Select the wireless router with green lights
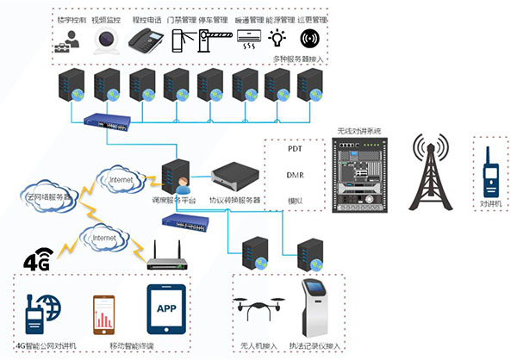point(164,258)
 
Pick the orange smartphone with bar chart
point(104,316)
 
